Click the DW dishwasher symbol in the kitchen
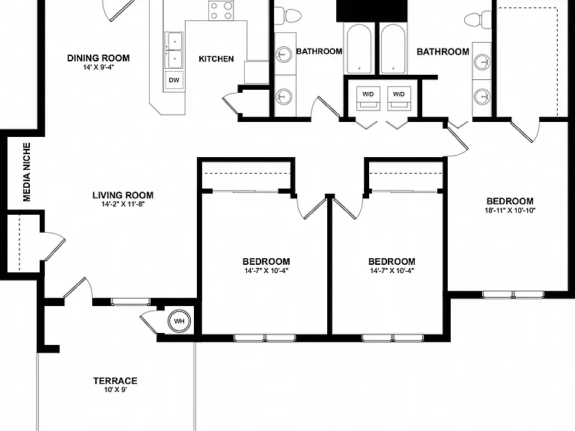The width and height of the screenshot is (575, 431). click(174, 80)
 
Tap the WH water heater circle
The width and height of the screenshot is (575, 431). click(180, 321)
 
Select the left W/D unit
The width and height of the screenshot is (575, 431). click(368, 98)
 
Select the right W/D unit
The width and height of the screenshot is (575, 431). click(398, 98)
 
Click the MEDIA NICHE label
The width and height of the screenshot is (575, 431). click(27, 172)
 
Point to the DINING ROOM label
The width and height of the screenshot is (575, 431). click(98, 58)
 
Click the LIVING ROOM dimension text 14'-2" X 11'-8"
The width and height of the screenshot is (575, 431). click(124, 204)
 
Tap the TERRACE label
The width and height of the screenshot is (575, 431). click(115, 381)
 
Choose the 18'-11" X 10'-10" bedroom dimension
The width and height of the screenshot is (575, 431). click(510, 210)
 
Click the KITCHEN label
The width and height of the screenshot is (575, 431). click(216, 59)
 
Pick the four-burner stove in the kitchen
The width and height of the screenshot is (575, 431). click(221, 10)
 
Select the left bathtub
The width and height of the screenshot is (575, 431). click(359, 49)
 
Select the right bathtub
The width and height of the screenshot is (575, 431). click(393, 49)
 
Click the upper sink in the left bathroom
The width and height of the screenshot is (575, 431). click(284, 55)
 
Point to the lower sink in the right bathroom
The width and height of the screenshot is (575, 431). click(481, 97)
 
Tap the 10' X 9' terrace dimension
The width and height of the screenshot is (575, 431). click(115, 390)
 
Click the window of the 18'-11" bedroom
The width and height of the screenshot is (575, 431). click(513, 294)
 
